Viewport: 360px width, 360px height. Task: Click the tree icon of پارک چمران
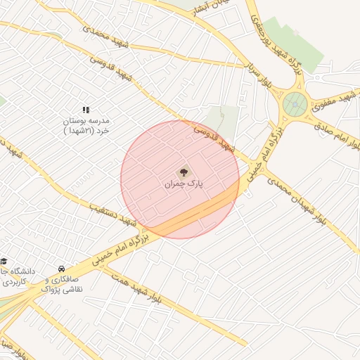point(184,172)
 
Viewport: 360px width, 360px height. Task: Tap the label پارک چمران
point(184,184)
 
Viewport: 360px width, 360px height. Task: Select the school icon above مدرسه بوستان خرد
point(86,110)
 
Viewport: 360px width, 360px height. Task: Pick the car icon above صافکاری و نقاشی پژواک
point(62,269)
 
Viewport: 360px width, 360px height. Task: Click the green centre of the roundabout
point(295,105)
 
